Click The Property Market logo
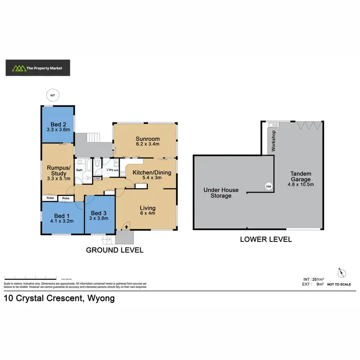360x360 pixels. coord(37,68)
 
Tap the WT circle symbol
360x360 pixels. coord(53,96)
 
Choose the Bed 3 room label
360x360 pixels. coord(99,213)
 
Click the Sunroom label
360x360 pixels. coord(147,139)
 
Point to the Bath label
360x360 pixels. coord(80,170)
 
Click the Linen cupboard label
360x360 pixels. coord(97,179)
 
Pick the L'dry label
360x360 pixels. coord(110,170)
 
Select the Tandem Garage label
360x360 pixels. coord(301,177)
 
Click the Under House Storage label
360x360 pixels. coord(221,192)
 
